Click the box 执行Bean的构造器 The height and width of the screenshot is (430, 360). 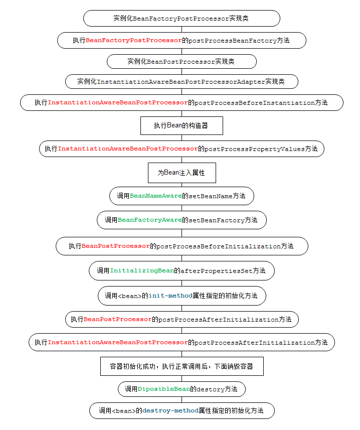(182, 125)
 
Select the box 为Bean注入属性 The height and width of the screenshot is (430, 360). (182, 173)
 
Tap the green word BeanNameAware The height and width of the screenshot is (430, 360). (155, 196)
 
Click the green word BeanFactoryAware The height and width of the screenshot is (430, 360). (149, 220)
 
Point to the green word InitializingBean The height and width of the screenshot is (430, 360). (142, 270)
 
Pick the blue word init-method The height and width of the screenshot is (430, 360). (170, 296)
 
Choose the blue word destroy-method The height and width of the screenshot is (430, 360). (170, 410)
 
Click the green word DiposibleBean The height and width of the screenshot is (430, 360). (164, 389)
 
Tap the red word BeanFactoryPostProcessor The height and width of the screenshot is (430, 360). (134, 40)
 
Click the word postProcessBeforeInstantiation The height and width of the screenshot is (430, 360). (255, 103)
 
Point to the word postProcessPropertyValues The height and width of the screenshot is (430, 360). (255, 149)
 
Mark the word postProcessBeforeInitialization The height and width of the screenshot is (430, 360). (219, 246)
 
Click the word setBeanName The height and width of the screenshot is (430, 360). (211, 196)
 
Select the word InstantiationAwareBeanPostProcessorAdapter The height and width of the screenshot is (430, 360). (181, 82)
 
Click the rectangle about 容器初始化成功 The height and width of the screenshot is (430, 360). (182, 366)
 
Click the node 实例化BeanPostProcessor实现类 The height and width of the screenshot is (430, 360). (182, 61)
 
